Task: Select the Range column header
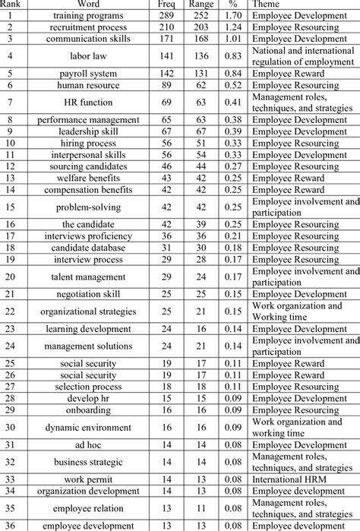pos(201,4)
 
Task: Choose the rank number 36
pos(9,526)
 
